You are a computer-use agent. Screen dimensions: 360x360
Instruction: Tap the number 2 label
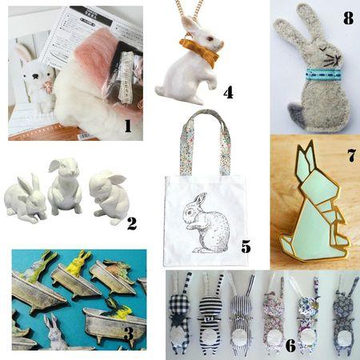(x=132, y=225)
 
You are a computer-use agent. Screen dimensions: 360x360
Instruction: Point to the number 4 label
(x=228, y=93)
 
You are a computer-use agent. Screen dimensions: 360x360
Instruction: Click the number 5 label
(x=246, y=246)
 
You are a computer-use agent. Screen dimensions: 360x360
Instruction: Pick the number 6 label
(x=290, y=345)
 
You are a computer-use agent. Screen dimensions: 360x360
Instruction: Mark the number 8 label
(x=347, y=18)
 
